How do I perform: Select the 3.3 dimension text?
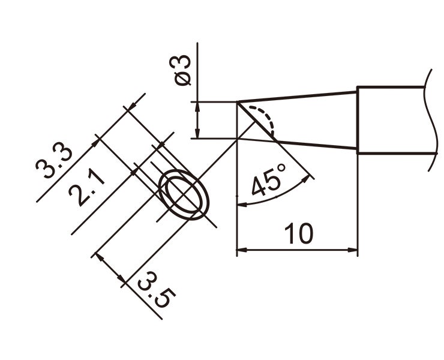coord(53,161)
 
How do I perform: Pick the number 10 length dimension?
coord(298,234)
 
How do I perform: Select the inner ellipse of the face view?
coord(184,195)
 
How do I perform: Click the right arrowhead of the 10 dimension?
coord(353,249)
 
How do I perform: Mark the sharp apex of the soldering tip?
coord(238,102)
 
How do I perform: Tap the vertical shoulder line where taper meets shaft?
coord(358,120)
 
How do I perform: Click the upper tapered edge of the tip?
coord(300,97)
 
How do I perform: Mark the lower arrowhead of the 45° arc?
coord(241,204)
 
